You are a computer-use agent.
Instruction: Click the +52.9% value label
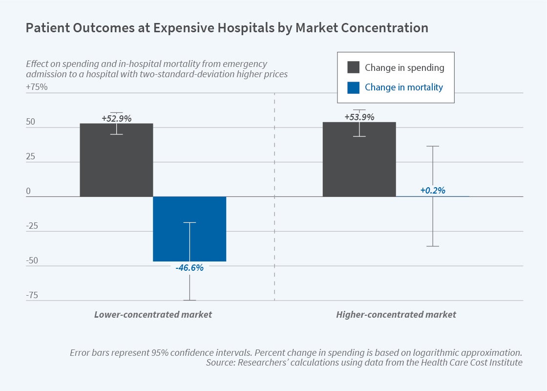tap(117, 118)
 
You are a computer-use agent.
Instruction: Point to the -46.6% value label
tap(189, 268)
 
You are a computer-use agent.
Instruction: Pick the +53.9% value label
tap(359, 117)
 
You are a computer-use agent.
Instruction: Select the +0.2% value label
tap(432, 191)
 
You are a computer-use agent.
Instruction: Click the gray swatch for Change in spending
tap(353, 67)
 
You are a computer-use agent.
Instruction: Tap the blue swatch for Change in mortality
tap(353, 87)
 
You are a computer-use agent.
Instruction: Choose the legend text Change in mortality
tap(404, 87)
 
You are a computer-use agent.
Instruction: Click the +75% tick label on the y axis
tap(37, 87)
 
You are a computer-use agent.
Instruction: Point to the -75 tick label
tap(32, 295)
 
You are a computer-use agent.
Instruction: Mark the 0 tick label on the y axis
tap(28, 192)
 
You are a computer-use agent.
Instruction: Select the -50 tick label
tap(32, 261)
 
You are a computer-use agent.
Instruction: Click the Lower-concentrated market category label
tap(153, 315)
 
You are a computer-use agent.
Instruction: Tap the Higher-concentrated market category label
tap(396, 315)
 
